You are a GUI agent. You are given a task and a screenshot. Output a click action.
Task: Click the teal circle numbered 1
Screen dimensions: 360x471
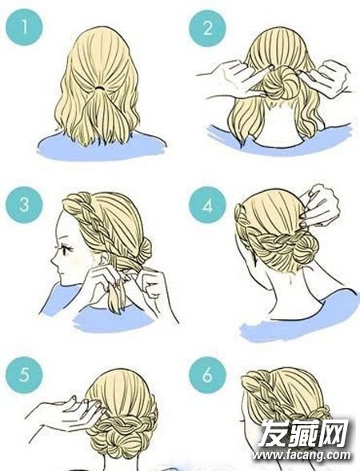pyautogui.click(x=24, y=27)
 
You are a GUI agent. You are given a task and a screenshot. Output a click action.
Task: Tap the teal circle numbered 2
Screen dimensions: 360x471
pyautogui.click(x=207, y=28)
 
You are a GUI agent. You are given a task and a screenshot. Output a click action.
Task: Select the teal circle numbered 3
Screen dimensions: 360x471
pyautogui.click(x=24, y=204)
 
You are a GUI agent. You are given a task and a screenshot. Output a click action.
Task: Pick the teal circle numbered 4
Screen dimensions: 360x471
pyautogui.click(x=207, y=205)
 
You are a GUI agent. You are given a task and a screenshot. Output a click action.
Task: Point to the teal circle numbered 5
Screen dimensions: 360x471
pyautogui.click(x=24, y=375)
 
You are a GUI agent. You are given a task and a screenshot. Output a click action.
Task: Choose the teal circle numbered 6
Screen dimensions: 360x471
pyautogui.click(x=207, y=375)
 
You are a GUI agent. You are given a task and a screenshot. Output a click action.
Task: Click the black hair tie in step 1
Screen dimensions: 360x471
pyautogui.click(x=99, y=88)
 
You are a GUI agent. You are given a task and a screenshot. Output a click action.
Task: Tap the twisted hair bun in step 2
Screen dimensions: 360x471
pyautogui.click(x=280, y=83)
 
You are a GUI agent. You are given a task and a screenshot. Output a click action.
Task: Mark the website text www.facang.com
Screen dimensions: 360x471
pyautogui.click(x=302, y=455)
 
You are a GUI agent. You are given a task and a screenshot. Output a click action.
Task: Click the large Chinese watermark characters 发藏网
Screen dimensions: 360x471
pyautogui.click(x=303, y=433)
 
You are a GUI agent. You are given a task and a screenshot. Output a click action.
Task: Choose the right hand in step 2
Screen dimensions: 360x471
pyautogui.click(x=325, y=78)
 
